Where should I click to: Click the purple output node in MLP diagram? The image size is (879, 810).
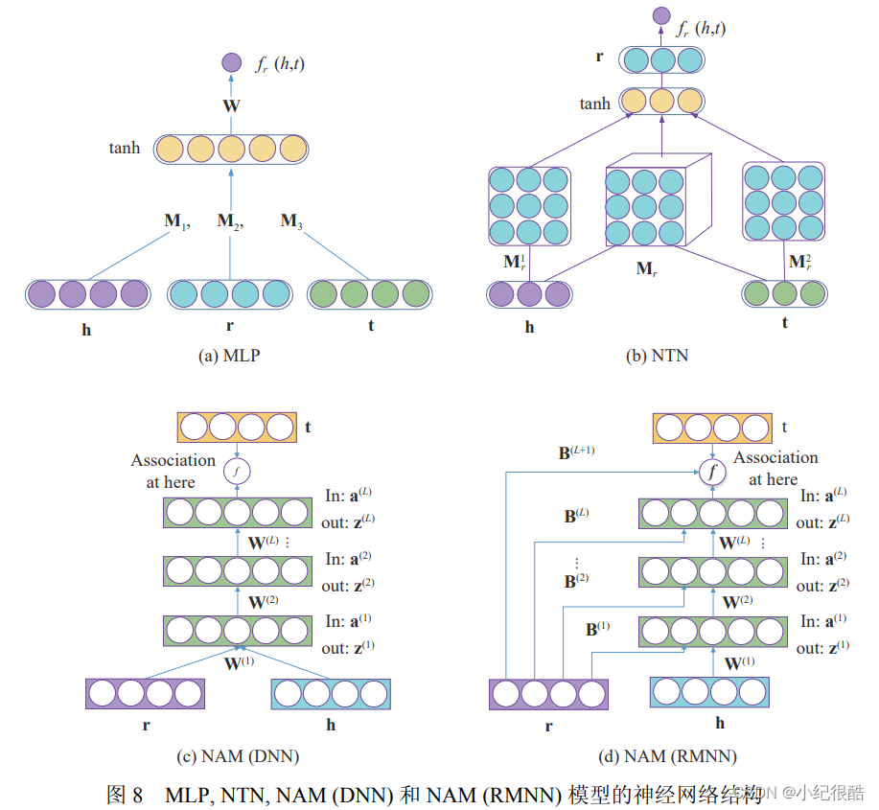pyautogui.click(x=231, y=63)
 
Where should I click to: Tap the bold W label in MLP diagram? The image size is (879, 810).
pyautogui.click(x=231, y=106)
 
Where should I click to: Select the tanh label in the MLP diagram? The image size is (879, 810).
pyautogui.click(x=125, y=149)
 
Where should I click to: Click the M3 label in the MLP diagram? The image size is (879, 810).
pyautogui.click(x=292, y=221)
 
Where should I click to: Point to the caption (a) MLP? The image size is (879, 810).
pyautogui.click(x=229, y=355)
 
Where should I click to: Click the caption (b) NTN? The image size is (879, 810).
pyautogui.click(x=657, y=356)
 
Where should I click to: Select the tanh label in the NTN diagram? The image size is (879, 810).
pyautogui.click(x=594, y=103)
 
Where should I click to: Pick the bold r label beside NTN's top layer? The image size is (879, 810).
pyautogui.click(x=599, y=58)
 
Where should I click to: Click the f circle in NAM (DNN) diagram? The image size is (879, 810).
pyautogui.click(x=236, y=472)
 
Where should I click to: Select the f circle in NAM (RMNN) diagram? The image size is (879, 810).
pyautogui.click(x=710, y=472)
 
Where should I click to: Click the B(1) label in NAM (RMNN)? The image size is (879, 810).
pyautogui.click(x=597, y=630)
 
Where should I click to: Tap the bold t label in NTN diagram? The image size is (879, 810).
pyautogui.click(x=784, y=323)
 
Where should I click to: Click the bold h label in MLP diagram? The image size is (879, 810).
pyautogui.click(x=86, y=329)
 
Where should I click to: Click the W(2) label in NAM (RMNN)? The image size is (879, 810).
pyautogui.click(x=736, y=603)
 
